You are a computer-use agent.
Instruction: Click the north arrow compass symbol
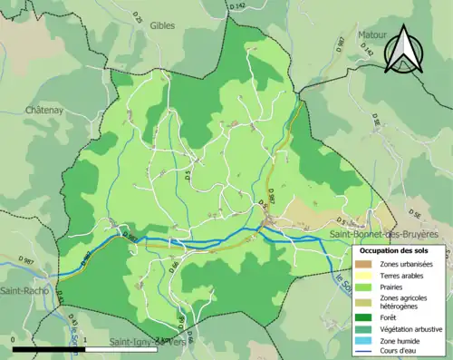[x=403, y=50]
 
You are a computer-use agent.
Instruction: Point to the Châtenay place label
[x=44, y=110]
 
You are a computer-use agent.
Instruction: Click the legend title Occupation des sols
[x=394, y=249]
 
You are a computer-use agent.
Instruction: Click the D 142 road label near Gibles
[x=238, y=6]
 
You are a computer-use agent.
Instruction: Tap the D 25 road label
[x=138, y=17]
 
